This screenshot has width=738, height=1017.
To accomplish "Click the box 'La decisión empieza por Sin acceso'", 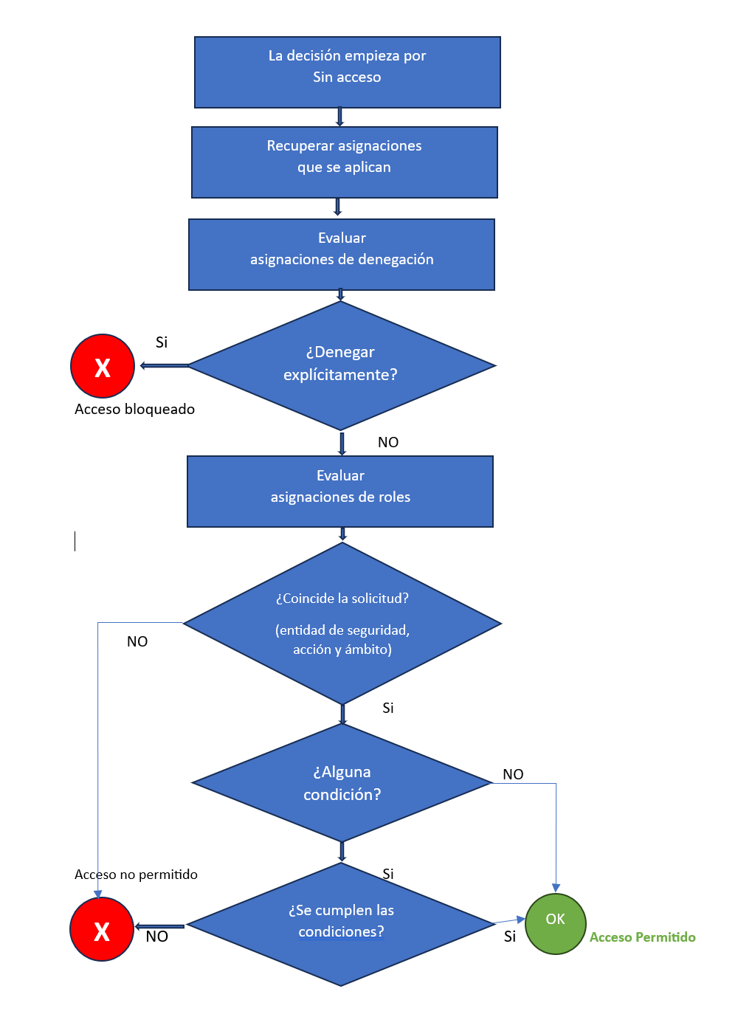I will point(347,72).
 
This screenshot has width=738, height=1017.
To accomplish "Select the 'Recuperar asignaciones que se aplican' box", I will point(344,162).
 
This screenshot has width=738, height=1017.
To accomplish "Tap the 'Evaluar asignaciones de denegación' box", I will point(341,254).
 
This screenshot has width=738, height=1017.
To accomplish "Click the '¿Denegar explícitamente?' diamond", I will point(341,365).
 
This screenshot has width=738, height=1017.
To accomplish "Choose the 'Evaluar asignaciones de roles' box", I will point(339,491).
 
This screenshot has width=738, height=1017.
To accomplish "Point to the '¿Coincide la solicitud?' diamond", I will point(342,624).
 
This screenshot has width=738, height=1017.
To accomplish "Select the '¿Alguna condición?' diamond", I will point(342,783).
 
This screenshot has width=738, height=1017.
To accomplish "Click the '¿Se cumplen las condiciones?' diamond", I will point(341,924).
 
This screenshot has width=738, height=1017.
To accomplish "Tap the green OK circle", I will point(555,923).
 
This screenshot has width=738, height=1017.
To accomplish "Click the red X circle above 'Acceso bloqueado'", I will point(103,366).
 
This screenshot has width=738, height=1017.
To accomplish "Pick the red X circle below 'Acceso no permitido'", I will point(102,929).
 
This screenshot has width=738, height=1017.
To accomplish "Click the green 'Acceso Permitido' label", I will point(642,937).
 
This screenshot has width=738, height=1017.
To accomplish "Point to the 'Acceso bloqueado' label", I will point(134,410).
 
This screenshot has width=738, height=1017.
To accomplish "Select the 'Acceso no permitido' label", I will point(136,875).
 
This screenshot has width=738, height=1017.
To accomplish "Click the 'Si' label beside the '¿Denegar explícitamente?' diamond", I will point(162,342).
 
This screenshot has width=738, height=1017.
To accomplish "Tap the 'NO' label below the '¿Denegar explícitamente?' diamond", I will point(388,442).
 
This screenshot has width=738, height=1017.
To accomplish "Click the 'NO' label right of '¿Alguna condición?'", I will point(513,774).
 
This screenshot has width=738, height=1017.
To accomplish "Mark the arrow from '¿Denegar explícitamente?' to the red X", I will point(165,365).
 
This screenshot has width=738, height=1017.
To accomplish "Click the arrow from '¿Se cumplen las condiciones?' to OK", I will point(509,921).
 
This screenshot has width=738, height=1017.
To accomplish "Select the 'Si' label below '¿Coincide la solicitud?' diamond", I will point(388,709).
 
